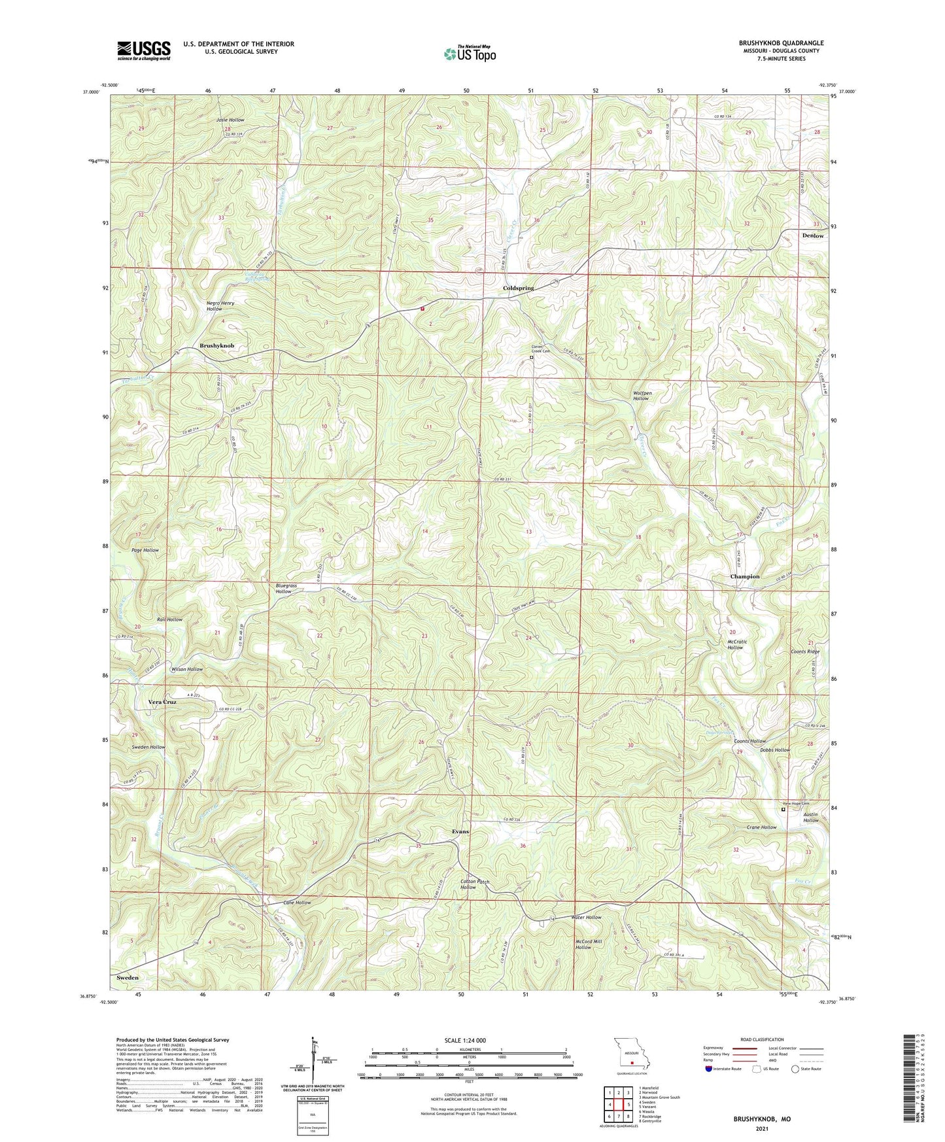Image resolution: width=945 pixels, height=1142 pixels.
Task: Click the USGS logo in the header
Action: (144, 50)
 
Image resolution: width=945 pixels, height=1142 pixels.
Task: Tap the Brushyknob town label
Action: (216, 345)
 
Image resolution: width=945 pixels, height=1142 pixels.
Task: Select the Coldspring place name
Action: (518, 288)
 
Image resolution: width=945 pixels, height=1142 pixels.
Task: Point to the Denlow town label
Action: (813, 235)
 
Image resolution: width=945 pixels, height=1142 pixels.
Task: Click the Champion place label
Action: (744, 576)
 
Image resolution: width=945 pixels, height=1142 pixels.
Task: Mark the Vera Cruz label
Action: (162, 702)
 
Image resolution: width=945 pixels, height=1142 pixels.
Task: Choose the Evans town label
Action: (460, 831)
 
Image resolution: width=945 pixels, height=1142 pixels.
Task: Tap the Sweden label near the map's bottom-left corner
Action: (128, 977)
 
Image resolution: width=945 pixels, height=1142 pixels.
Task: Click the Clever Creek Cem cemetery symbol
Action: (532, 358)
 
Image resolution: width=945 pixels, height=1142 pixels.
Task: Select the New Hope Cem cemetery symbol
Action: (783, 810)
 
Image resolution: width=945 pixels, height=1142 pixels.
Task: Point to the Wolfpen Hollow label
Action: (642, 396)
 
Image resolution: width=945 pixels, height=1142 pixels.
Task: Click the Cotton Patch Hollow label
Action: (474, 884)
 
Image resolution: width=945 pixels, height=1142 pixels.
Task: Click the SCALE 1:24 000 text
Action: (465, 1040)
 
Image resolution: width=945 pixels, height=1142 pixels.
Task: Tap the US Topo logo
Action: (469, 54)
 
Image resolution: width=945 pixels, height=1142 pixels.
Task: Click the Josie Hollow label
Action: (230, 120)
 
